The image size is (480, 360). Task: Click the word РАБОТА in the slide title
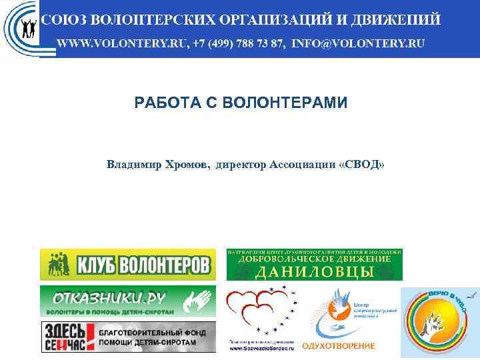pyautogui.click(x=165, y=103)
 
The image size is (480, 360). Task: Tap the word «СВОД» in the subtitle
pyautogui.click(x=362, y=164)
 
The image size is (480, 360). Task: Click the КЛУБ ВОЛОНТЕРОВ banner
pyautogui.click(x=128, y=265)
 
